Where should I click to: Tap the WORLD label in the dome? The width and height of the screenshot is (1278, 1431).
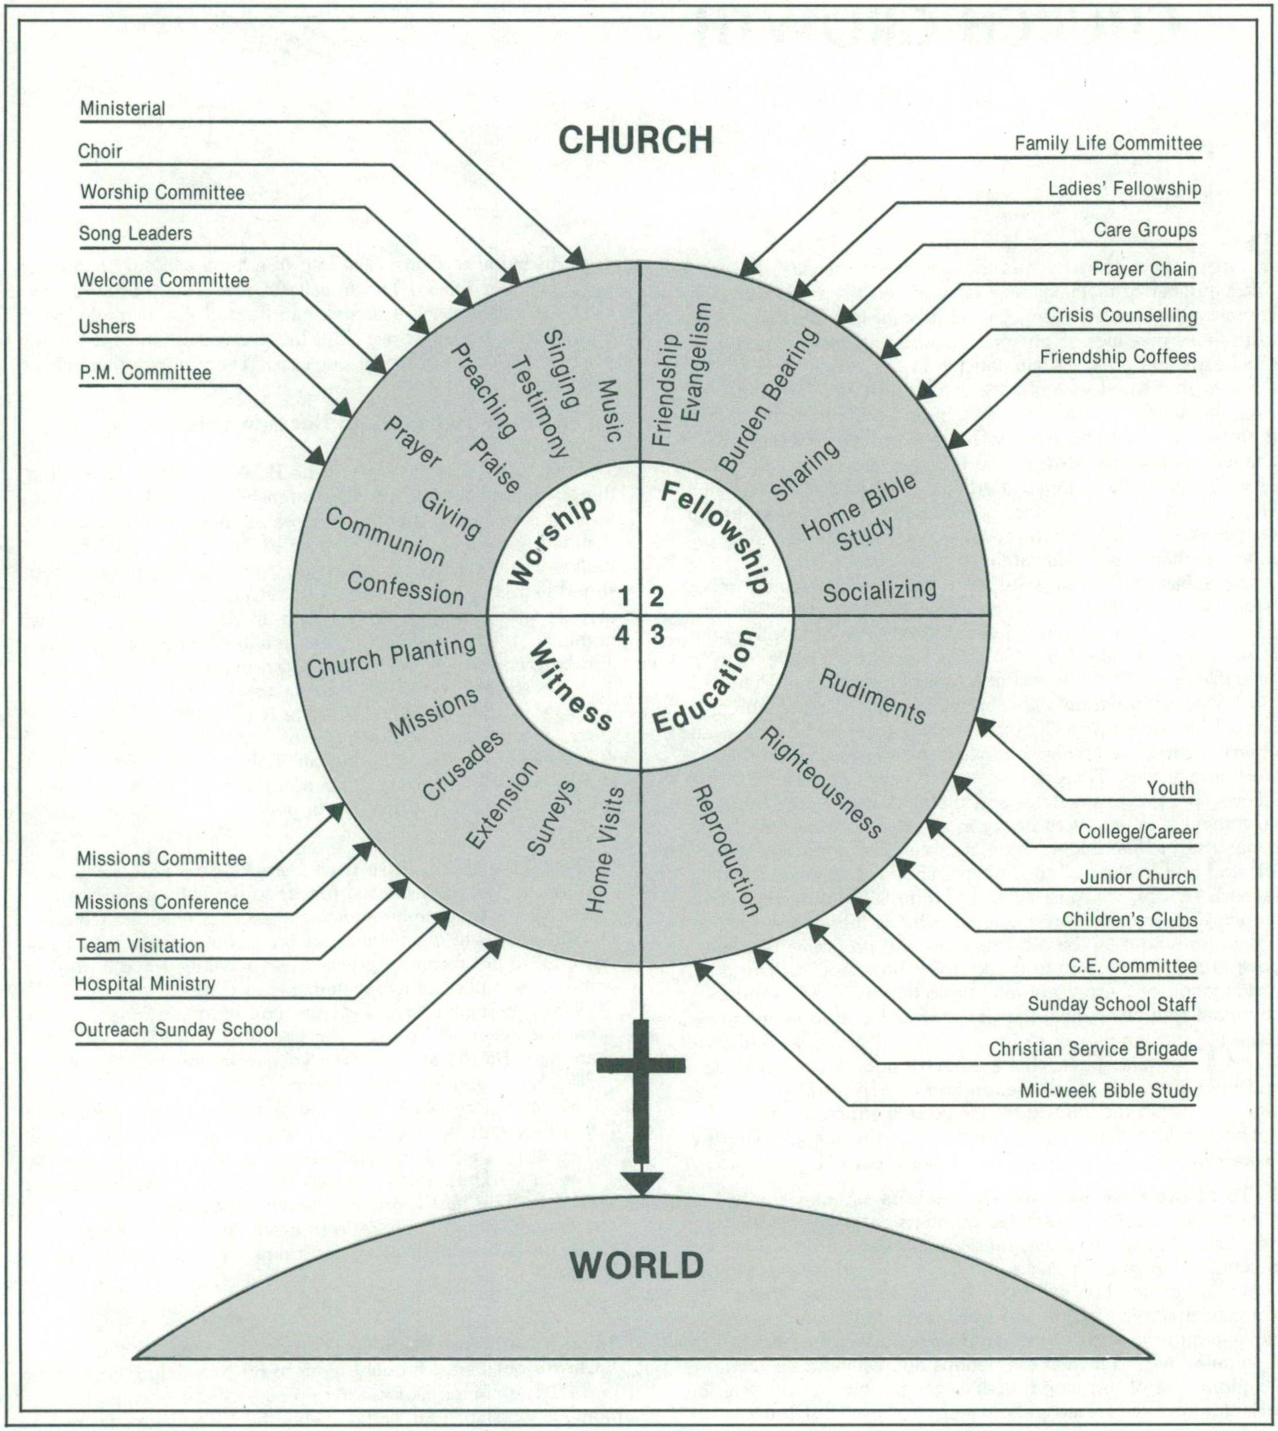(636, 1265)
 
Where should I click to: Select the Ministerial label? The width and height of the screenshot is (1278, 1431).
(122, 109)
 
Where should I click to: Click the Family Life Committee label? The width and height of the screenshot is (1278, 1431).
(1107, 144)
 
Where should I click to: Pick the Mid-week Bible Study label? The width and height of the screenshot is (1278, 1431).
(1107, 1091)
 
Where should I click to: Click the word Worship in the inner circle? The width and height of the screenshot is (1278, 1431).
(552, 540)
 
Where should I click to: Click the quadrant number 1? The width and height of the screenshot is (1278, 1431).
(623, 597)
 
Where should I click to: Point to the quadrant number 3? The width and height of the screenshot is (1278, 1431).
(656, 635)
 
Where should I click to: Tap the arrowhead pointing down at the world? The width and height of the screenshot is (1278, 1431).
(640, 1183)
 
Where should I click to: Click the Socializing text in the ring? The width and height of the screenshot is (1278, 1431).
(879, 591)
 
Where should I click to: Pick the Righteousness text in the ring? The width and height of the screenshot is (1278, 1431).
(821, 782)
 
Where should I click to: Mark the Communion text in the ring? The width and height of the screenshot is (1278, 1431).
(384, 537)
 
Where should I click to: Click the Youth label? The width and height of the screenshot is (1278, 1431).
(1170, 788)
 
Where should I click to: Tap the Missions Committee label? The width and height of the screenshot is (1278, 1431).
(161, 858)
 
